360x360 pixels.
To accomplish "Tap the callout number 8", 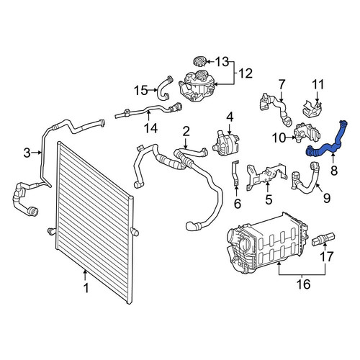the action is [x=334, y=171].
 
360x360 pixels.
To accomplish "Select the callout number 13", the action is [x=222, y=62].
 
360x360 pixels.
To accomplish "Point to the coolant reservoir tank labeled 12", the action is [x=197, y=86].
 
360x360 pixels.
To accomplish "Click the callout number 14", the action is [x=151, y=128].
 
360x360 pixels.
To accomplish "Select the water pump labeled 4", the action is [x=226, y=143].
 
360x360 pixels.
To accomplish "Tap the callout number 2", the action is [x=186, y=132].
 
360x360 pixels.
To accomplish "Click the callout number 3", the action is [x=27, y=153].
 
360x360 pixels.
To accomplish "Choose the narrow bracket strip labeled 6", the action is [x=235, y=173].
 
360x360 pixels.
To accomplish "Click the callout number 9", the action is [x=327, y=198].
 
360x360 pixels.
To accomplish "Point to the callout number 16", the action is [x=304, y=284].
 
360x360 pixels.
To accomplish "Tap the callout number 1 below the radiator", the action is [x=86, y=288].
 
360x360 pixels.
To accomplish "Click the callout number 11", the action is [x=318, y=85].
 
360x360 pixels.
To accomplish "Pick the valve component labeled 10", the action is [x=307, y=132].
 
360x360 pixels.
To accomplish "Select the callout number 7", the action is [x=282, y=85].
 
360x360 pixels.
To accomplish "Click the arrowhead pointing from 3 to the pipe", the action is [x=40, y=153].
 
